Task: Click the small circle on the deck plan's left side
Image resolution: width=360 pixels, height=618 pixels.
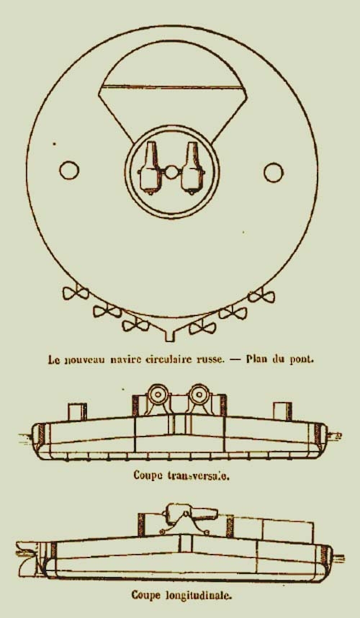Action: [69, 170]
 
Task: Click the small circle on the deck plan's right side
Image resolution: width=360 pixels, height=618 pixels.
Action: [274, 172]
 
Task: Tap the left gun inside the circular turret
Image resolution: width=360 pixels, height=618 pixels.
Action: [150, 168]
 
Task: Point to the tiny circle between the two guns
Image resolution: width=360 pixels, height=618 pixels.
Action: [171, 172]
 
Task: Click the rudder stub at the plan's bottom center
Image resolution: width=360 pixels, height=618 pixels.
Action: [170, 335]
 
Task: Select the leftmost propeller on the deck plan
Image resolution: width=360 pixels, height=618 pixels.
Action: [75, 293]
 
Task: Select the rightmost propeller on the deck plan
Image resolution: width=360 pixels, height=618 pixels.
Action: [262, 295]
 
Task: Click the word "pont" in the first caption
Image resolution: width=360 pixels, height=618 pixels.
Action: [301, 360]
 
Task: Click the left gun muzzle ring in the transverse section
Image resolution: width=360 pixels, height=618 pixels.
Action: [157, 394]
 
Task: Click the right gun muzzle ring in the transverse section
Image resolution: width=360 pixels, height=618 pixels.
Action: [199, 394]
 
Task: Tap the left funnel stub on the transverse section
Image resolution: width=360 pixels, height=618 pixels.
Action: [78, 412]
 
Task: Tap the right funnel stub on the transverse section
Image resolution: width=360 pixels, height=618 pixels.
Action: [282, 411]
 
